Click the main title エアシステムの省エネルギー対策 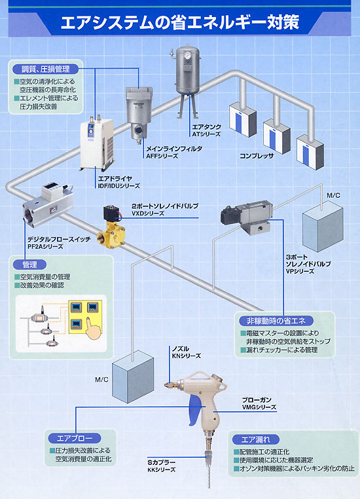pyautogui.click(x=180, y=22)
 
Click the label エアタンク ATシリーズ pyautogui.click(x=206, y=130)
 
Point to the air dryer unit pyautogui.click(x=97, y=143)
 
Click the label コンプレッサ pyautogui.click(x=257, y=156)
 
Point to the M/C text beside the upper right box pyautogui.click(x=333, y=195)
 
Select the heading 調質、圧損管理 pyautogui.click(x=45, y=69)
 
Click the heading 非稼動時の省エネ pyautogui.click(x=276, y=321)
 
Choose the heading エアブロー pyautogui.click(x=75, y=438)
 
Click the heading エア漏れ pyautogui.click(x=256, y=439)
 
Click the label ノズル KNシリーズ pyautogui.click(x=186, y=352)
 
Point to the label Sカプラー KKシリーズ pyautogui.click(x=161, y=466)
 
